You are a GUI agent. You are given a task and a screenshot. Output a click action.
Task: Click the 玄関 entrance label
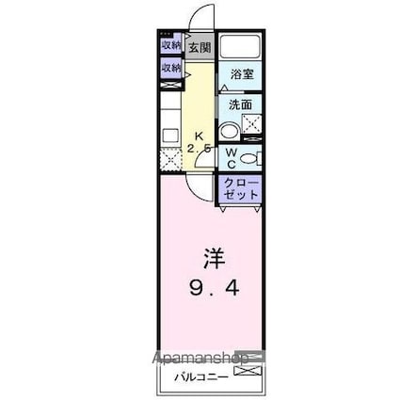199,47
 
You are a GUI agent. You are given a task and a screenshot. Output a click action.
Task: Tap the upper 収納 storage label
170,44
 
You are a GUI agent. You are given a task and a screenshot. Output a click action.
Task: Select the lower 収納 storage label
170,68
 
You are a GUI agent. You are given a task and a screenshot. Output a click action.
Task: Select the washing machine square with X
251,122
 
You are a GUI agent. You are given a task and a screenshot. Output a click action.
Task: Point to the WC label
231,156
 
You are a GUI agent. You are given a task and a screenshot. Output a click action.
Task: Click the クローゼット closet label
241,187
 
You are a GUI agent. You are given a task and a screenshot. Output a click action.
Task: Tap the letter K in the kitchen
199,135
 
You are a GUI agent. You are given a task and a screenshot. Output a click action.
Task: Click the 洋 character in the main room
214,257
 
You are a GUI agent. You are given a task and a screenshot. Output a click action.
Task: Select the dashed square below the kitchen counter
170,160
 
